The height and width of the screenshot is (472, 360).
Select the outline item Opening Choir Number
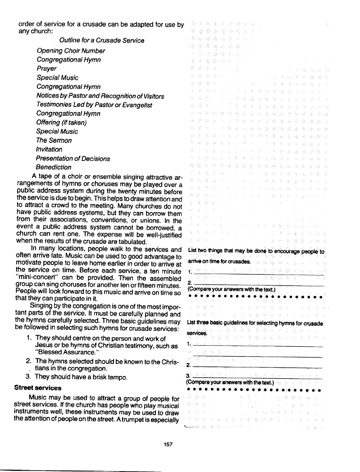pyautogui.click(x=71, y=50)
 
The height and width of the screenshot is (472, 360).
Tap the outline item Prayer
pyautogui.click(x=47, y=69)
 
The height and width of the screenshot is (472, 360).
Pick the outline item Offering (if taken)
pyautogui.click(x=61, y=122)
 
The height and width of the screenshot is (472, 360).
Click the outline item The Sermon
pyautogui.click(x=54, y=140)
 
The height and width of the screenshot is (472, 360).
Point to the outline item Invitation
pyautogui.click(x=50, y=149)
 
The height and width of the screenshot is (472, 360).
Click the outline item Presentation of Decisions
pyautogui.click(x=73, y=158)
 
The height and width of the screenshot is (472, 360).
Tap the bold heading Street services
pyautogui.click(x=38, y=387)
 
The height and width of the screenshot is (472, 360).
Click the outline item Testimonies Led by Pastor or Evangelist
pyautogui.click(x=95, y=105)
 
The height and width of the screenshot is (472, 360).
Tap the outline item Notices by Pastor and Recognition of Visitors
pyautogui.click(x=100, y=96)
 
